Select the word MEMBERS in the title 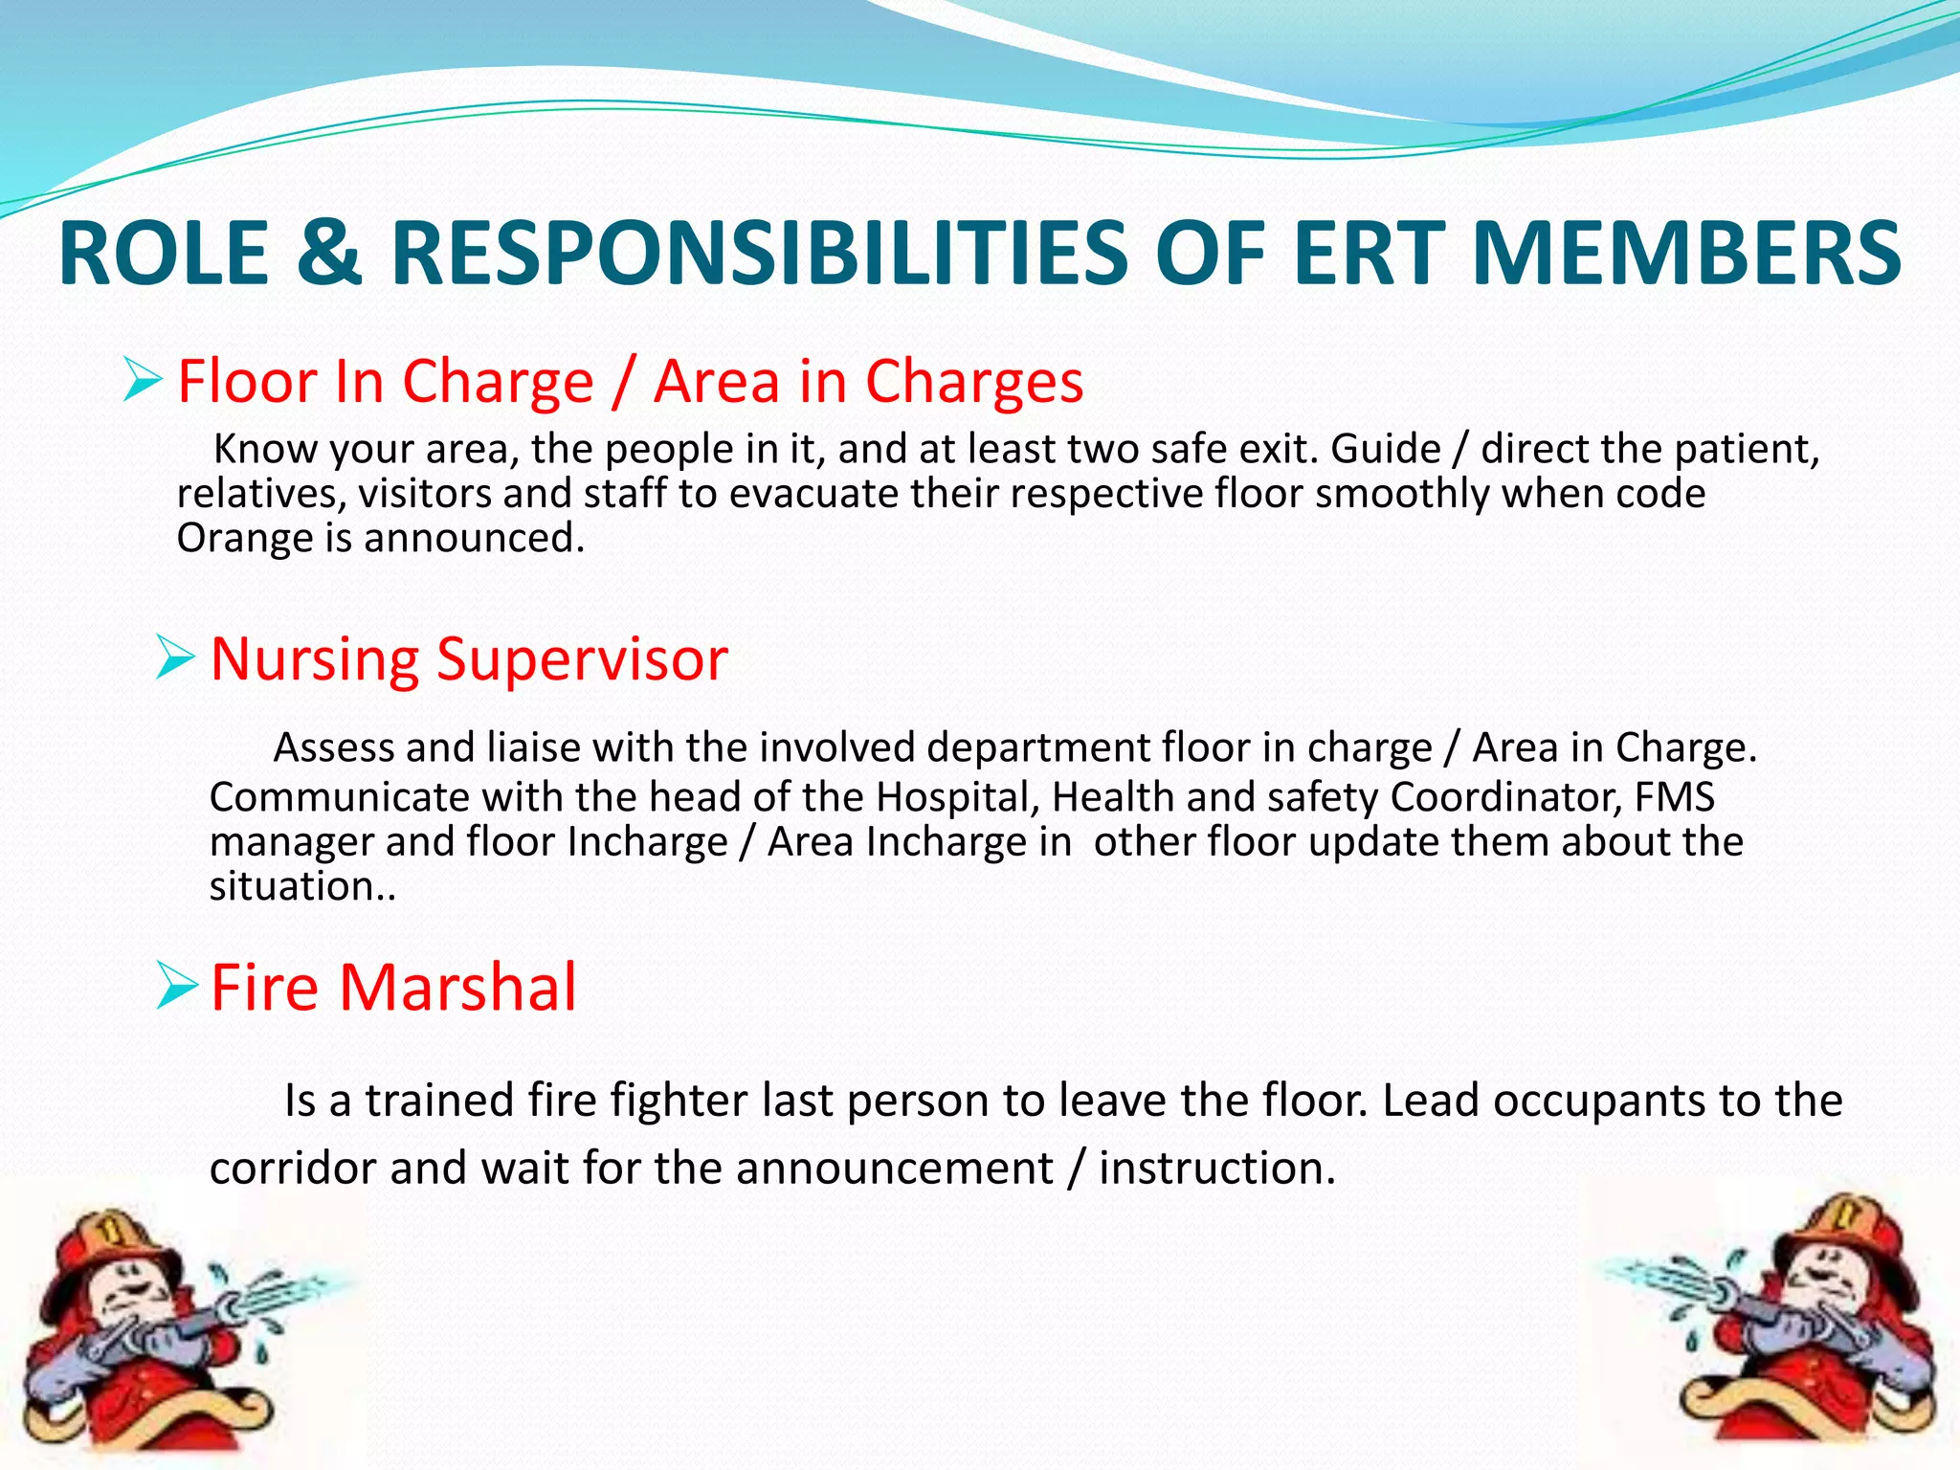1686,253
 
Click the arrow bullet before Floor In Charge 142,380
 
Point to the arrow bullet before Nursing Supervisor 175,658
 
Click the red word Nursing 314,660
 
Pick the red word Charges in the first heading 973,381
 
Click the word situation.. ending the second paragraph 301,886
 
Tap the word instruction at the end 1215,1168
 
